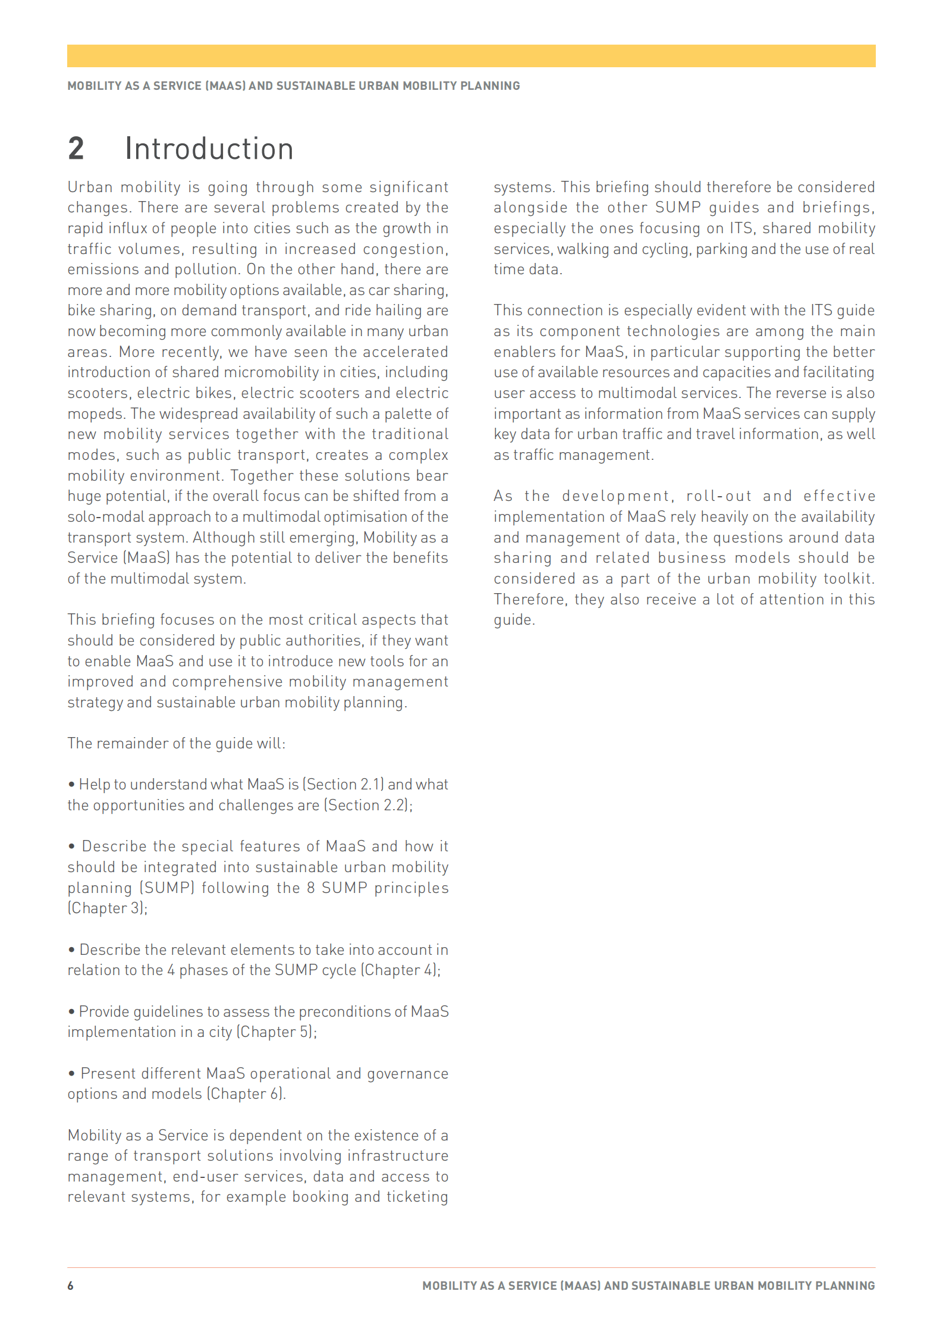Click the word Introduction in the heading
tap(209, 149)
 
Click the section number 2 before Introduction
tap(76, 149)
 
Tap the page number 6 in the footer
tap(70, 1286)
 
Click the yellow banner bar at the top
tap(471, 56)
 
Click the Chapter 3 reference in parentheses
tap(107, 908)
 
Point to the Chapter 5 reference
tap(276, 1032)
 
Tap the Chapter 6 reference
tap(246, 1094)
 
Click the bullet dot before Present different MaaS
tap(71, 1074)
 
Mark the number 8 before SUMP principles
tap(310, 888)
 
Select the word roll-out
tap(719, 496)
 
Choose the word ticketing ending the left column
tap(417, 1197)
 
